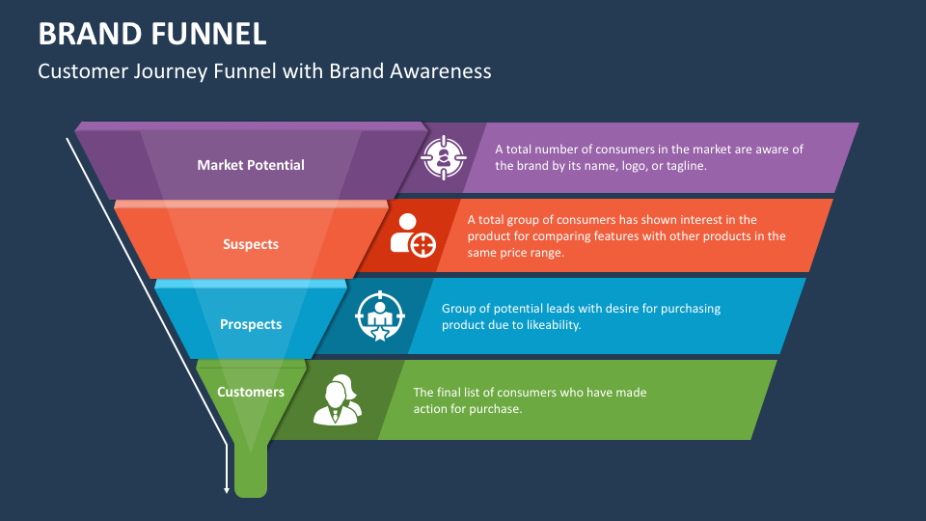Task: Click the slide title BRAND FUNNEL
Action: tap(152, 34)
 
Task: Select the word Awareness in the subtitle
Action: tap(445, 70)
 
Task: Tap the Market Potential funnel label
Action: tap(251, 165)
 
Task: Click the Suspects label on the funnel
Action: tap(251, 244)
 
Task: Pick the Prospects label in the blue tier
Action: tap(251, 324)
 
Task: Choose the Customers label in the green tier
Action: tap(251, 392)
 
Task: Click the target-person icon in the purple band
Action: tap(444, 156)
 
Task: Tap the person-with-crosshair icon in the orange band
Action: tap(413, 234)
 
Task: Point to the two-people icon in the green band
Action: tap(337, 399)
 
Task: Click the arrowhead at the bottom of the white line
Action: tap(228, 489)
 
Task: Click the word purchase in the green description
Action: tap(497, 408)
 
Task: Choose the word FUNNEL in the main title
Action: tap(209, 34)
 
